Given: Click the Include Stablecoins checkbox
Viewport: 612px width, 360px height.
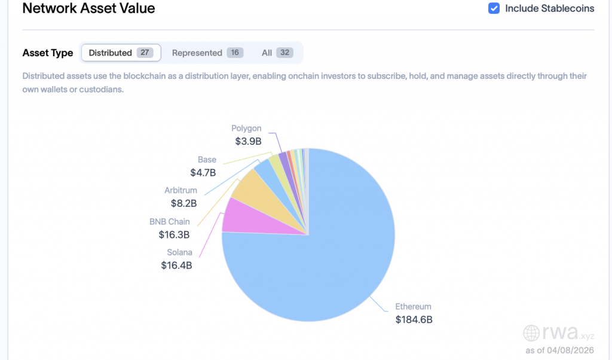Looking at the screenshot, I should [x=494, y=8].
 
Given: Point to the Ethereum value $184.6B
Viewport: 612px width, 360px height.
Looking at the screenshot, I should [x=414, y=319].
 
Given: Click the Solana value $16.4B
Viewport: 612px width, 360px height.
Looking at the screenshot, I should [x=176, y=265].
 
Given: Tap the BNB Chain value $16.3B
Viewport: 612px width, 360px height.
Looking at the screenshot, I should [x=174, y=234].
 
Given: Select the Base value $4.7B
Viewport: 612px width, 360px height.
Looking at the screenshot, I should [x=203, y=173].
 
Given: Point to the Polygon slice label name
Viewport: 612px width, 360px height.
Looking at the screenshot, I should [x=246, y=129].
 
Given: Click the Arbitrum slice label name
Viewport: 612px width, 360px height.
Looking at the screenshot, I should [x=180, y=191].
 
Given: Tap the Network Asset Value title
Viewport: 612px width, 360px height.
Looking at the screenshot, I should [x=88, y=8].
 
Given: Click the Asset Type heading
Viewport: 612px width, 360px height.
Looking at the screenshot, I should [x=48, y=53].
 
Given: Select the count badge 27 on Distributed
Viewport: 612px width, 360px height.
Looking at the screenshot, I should [x=145, y=53].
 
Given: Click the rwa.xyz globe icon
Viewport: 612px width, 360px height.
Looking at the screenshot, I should [x=531, y=332].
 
